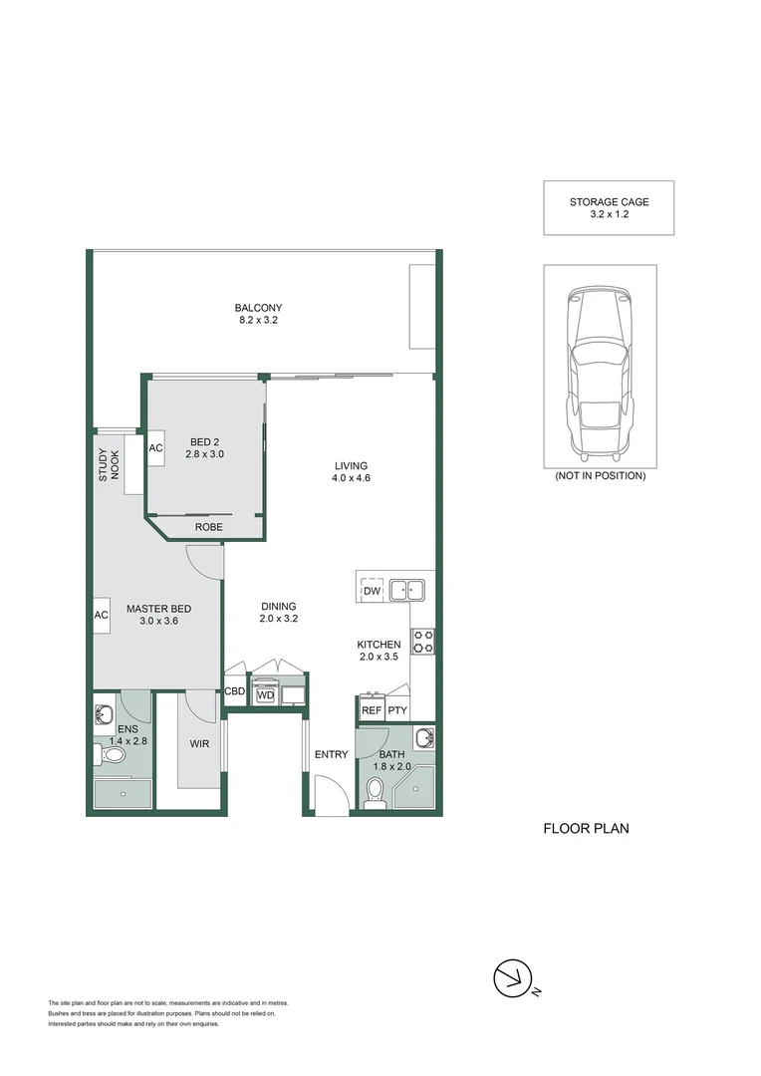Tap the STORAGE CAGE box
(x=609, y=207)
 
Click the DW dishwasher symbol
(x=372, y=591)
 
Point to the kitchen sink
(x=406, y=590)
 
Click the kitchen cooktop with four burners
(x=422, y=641)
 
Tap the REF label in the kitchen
(x=372, y=710)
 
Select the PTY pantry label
(x=396, y=710)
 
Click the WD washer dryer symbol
(x=265, y=694)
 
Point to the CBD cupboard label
(x=235, y=690)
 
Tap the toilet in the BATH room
(x=376, y=792)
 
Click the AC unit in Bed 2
(x=156, y=448)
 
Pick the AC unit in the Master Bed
(x=102, y=615)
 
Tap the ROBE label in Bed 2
(x=208, y=527)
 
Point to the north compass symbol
(x=513, y=978)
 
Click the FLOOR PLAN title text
(x=586, y=828)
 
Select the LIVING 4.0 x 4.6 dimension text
(x=351, y=471)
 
